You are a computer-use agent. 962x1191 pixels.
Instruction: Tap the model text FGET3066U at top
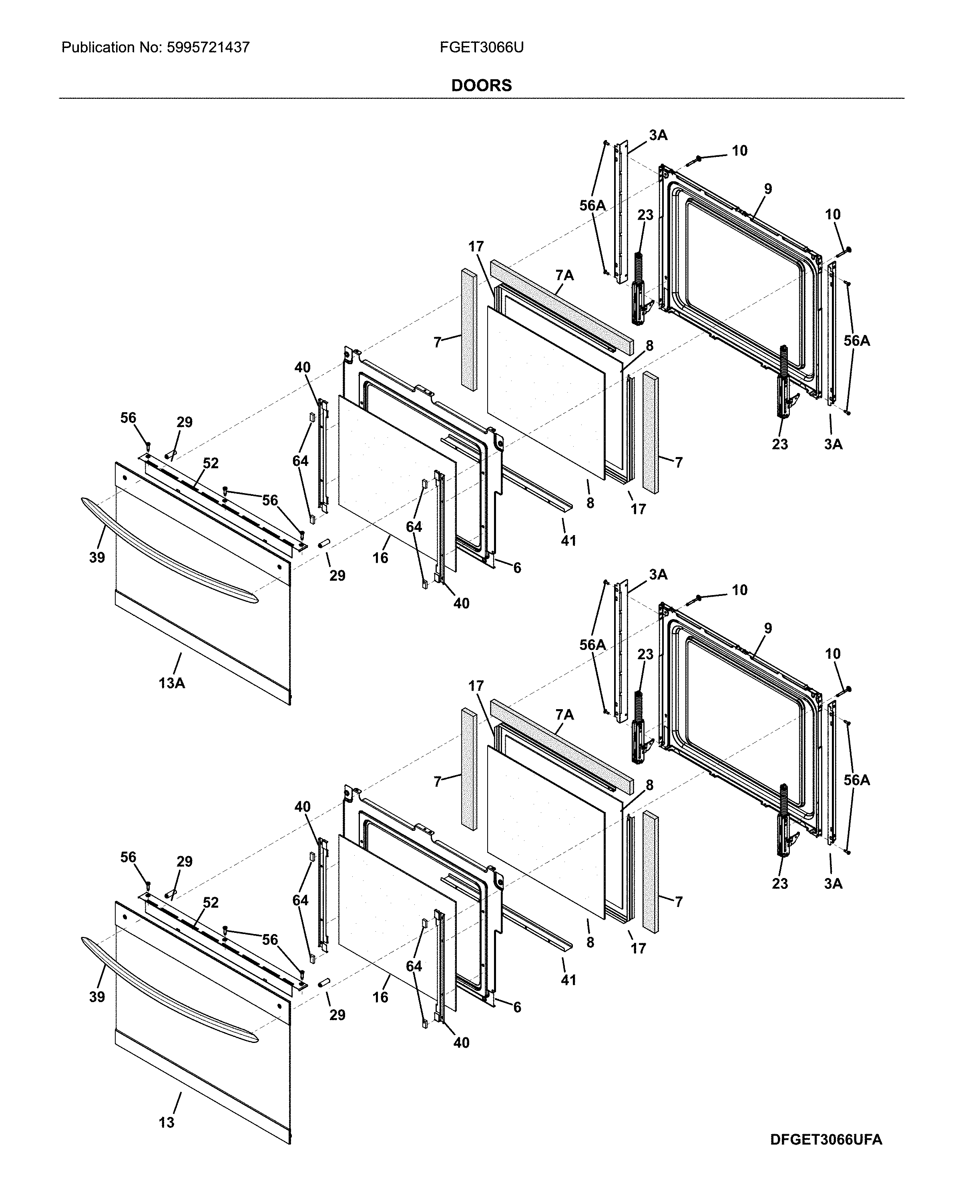[481, 48]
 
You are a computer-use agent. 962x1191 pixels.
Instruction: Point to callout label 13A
[172, 683]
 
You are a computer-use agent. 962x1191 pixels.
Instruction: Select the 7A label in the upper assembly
[564, 275]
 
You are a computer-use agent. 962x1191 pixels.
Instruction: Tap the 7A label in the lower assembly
[564, 715]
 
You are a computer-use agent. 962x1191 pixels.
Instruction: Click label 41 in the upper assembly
[568, 541]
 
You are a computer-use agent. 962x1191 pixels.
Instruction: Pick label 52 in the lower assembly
[211, 903]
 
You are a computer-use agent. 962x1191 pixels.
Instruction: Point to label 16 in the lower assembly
[380, 997]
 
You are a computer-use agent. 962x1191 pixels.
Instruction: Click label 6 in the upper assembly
[517, 568]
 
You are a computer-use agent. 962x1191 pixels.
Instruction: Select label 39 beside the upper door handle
[97, 557]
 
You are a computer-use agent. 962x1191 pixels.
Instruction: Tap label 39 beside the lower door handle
[97, 997]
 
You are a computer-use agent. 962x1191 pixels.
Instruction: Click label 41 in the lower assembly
[568, 980]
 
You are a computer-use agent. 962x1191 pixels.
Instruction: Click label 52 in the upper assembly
[211, 463]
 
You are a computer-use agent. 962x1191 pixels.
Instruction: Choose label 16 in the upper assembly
[380, 558]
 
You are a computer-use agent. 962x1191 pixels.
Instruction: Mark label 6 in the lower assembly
[517, 1007]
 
